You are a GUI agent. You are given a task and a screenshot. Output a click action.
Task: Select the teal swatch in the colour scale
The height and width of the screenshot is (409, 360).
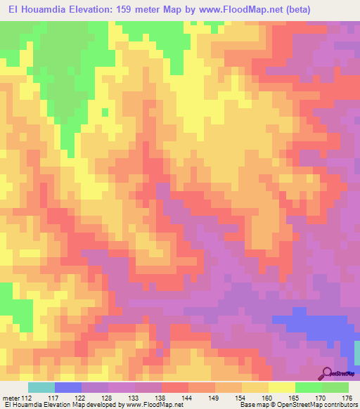pos(41,387)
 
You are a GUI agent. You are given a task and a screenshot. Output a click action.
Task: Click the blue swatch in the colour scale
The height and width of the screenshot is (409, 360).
pos(68,387)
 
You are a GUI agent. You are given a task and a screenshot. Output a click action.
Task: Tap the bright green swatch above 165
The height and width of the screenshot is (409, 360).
pos(308,387)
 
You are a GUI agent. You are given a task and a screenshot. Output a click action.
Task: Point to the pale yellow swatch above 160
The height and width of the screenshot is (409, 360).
pos(281,387)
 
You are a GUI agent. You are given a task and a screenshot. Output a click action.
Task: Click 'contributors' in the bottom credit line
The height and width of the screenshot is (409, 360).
pos(336,405)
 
